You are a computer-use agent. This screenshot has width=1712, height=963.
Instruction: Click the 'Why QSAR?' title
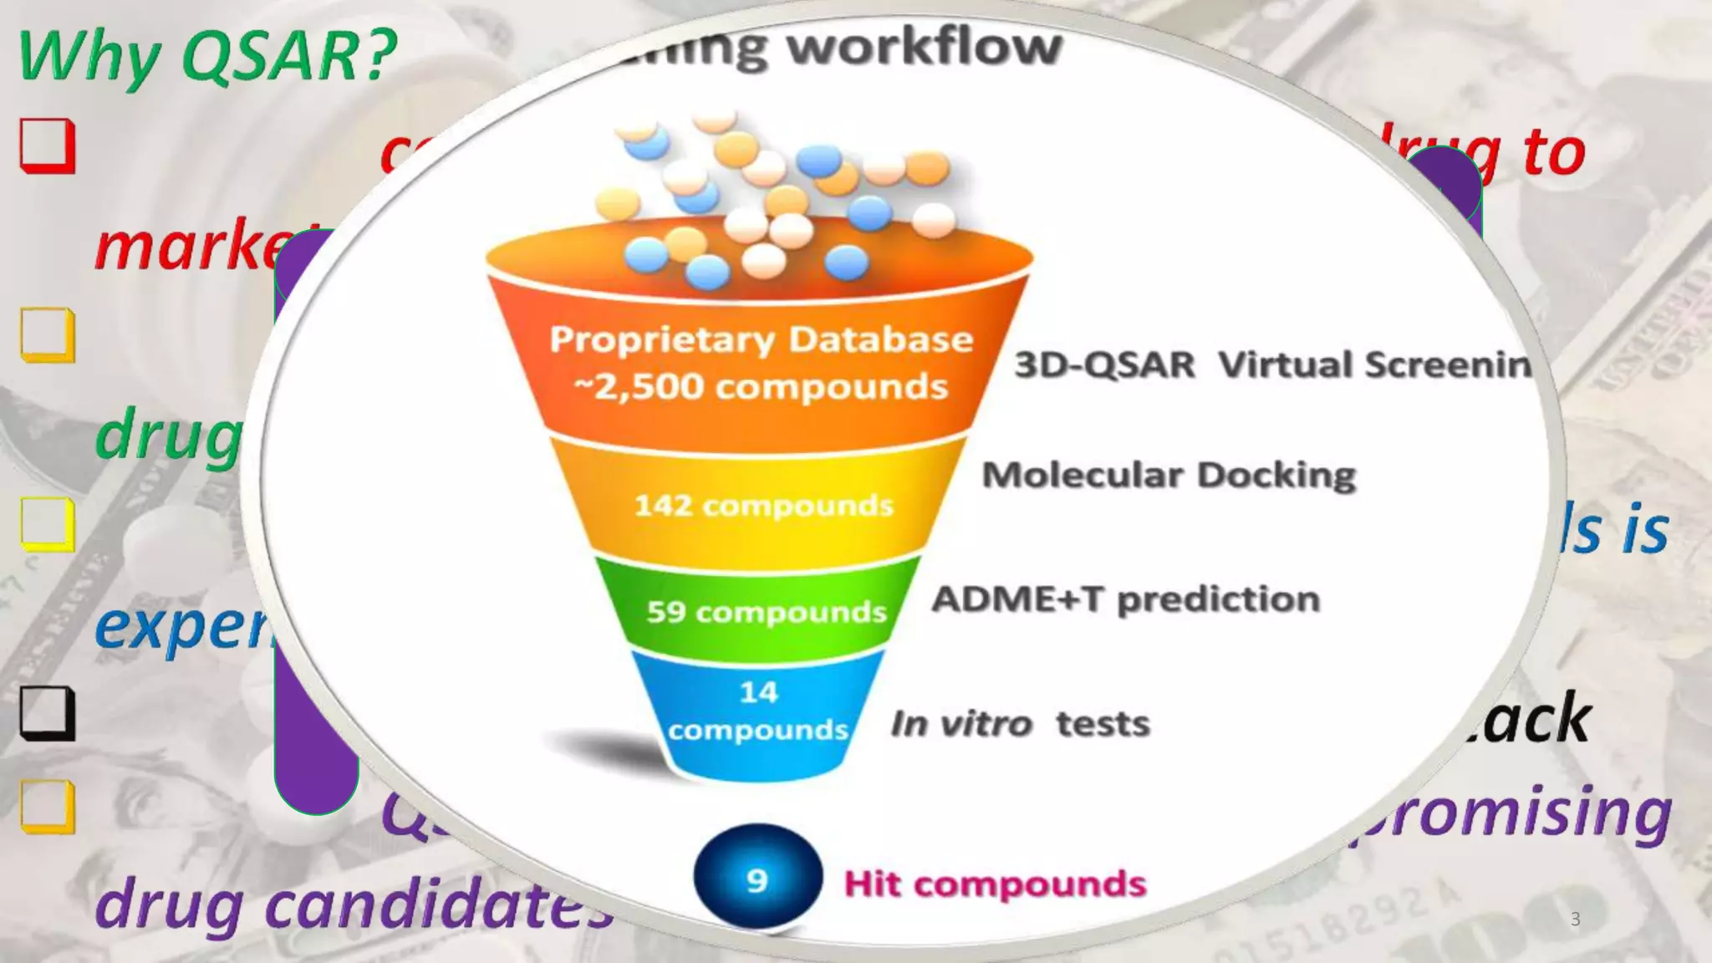pyautogui.click(x=207, y=56)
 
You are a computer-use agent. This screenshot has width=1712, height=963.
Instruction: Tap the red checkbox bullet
pyautogui.click(x=48, y=146)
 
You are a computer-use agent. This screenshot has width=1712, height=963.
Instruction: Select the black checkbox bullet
pyautogui.click(x=48, y=714)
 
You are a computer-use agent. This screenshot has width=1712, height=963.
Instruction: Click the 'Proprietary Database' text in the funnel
pyautogui.click(x=761, y=339)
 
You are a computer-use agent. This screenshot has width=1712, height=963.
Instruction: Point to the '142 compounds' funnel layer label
pyautogui.click(x=763, y=506)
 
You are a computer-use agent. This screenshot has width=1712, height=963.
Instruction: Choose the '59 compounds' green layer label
pyautogui.click(x=766, y=612)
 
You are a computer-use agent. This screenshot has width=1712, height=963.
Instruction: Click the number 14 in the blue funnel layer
pyautogui.click(x=758, y=692)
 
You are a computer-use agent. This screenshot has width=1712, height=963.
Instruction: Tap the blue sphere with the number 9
pyautogui.click(x=757, y=878)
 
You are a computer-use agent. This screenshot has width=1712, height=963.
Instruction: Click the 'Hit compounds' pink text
pyautogui.click(x=995, y=884)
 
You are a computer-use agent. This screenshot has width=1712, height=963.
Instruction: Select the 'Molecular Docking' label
pyautogui.click(x=1168, y=475)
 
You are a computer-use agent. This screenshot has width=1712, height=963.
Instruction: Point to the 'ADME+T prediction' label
pyautogui.click(x=1125, y=599)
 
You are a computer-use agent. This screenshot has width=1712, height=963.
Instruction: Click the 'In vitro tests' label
pyautogui.click(x=1020, y=724)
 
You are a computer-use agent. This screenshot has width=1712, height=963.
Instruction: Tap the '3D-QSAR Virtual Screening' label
pyautogui.click(x=1271, y=365)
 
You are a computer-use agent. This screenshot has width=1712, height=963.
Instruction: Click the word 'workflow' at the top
pyautogui.click(x=924, y=47)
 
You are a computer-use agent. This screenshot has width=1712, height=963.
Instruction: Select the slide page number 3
pyautogui.click(x=1575, y=919)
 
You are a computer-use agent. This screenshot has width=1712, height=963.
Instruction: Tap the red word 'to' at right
pyautogui.click(x=1553, y=153)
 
